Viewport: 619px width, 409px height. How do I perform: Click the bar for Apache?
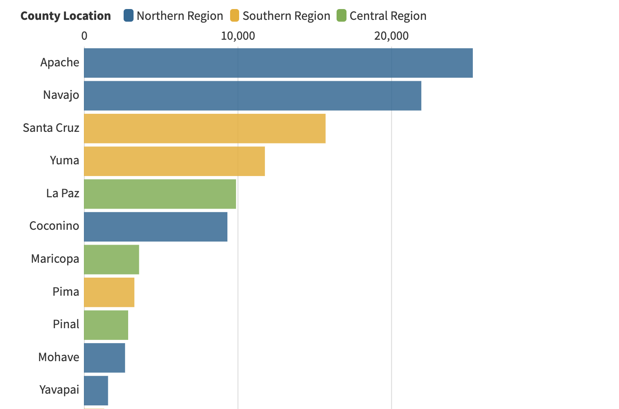(278, 63)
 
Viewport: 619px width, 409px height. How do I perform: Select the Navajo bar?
(252, 95)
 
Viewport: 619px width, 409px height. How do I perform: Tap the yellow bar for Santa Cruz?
(204, 128)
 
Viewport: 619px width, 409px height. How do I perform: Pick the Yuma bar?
(174, 161)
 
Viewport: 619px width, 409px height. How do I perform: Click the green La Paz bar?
(160, 194)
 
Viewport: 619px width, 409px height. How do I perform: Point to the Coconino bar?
(156, 227)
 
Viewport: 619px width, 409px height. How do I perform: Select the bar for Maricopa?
(111, 259)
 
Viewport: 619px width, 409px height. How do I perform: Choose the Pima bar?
(109, 292)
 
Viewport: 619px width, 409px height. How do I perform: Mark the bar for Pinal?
(106, 325)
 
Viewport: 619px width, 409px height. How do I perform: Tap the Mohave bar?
(104, 358)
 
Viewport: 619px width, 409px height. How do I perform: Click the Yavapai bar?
(96, 390)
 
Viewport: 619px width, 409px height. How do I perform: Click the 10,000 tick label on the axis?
(238, 36)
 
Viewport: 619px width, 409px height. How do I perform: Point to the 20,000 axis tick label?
(391, 36)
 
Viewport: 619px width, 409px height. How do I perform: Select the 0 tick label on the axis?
(84, 36)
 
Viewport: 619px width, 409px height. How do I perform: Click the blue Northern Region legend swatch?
(129, 16)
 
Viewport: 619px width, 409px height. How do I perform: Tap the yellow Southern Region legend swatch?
(235, 16)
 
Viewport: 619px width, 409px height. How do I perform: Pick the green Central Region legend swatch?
(342, 16)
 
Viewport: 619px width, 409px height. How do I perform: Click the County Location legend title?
(65, 16)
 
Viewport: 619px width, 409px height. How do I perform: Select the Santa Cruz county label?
(51, 128)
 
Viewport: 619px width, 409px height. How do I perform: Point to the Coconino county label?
(54, 226)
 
